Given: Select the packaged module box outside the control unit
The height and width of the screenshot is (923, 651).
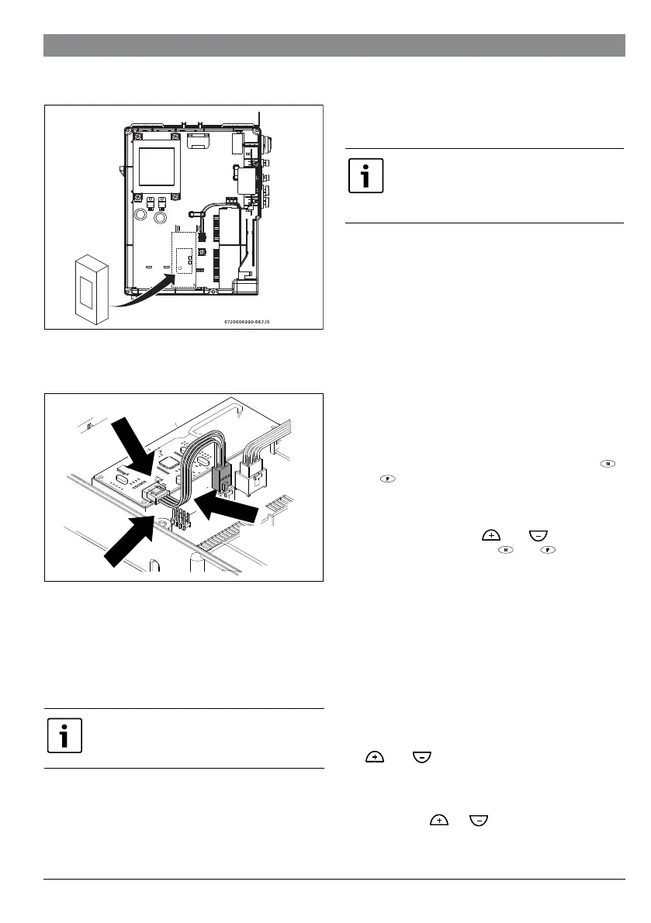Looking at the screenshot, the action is coord(91,288).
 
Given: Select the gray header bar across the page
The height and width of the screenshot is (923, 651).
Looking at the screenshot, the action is coord(334,45).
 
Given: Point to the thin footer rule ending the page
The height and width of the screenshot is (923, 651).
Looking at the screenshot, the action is coord(334,879).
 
